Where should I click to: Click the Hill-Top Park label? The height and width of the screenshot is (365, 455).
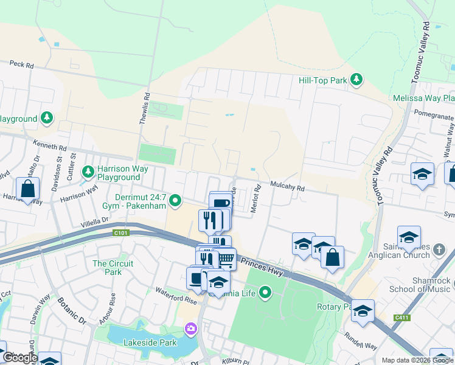point(322,80)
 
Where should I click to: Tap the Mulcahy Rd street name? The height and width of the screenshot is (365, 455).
point(287,189)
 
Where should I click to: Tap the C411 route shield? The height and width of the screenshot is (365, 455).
point(401,317)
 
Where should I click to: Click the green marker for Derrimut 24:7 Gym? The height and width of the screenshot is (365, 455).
point(176,200)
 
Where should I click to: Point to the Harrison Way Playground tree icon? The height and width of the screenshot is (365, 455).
point(88,172)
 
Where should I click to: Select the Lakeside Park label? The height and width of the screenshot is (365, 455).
point(142,342)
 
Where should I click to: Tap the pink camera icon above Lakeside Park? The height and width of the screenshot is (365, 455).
point(191,329)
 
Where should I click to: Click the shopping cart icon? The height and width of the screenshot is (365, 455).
point(226,260)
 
